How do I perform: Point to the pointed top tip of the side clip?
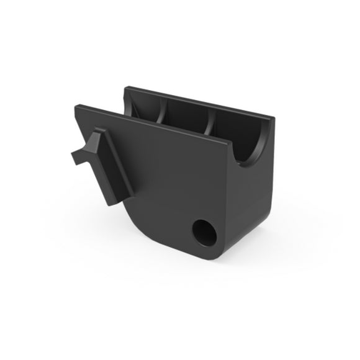(x=97, y=132)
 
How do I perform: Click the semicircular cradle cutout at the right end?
(x=251, y=149)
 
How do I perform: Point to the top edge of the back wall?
(x=199, y=102)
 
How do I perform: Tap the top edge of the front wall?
(x=155, y=127)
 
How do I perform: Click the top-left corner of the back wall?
(x=127, y=88)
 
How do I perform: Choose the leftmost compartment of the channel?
(x=146, y=110)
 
